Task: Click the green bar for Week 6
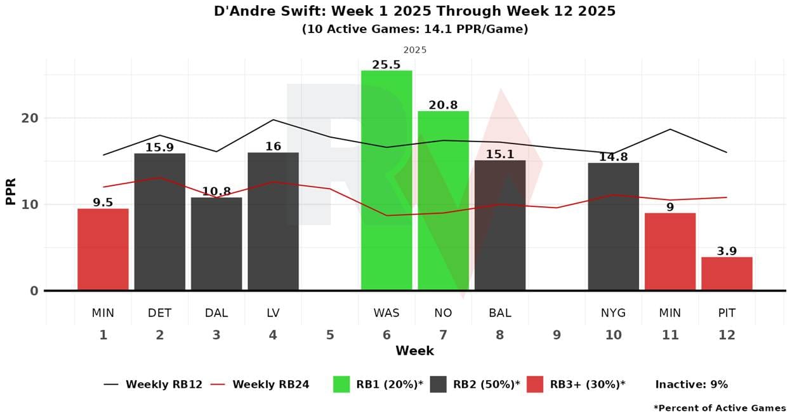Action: click(x=386, y=180)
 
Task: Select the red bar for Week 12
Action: click(x=727, y=274)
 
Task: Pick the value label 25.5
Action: click(x=386, y=64)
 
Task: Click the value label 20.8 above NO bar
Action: click(x=443, y=105)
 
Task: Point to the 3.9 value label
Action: click(x=727, y=251)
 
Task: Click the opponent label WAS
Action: click(x=386, y=313)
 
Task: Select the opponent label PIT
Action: click(x=727, y=313)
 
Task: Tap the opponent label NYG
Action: click(x=613, y=313)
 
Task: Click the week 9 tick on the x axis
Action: click(x=557, y=335)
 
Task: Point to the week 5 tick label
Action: click(x=330, y=335)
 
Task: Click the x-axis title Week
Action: click(x=414, y=350)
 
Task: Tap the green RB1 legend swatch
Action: click(x=341, y=384)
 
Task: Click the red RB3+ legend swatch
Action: click(x=535, y=384)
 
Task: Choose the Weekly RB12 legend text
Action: click(x=164, y=384)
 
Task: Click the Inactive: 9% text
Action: click(x=691, y=384)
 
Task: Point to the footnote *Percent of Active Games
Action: click(x=720, y=408)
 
